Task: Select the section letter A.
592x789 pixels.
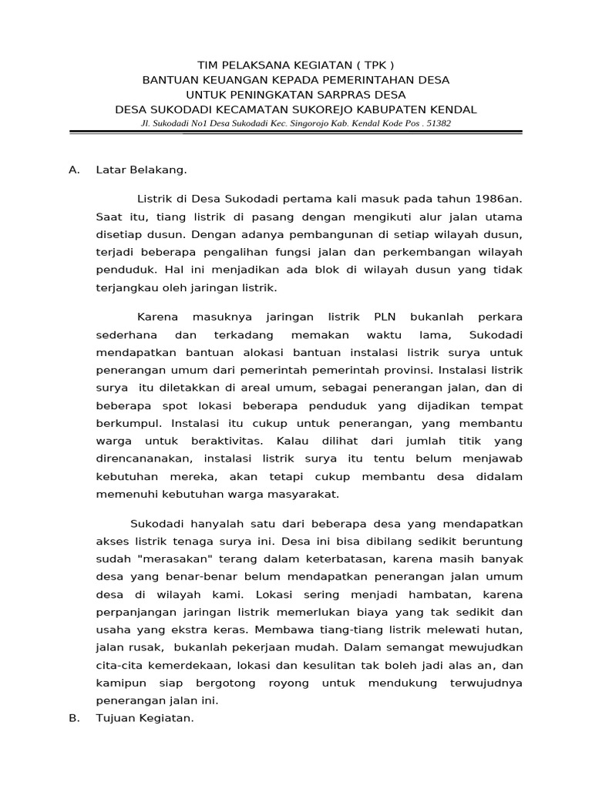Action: point(74,170)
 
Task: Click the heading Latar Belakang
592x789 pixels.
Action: point(140,170)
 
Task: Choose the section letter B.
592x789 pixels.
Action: point(74,718)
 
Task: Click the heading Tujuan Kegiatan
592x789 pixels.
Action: point(144,718)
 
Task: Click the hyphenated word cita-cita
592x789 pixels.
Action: point(118,665)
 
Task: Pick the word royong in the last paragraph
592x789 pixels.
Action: point(288,683)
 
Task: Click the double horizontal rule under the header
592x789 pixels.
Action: point(296,133)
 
